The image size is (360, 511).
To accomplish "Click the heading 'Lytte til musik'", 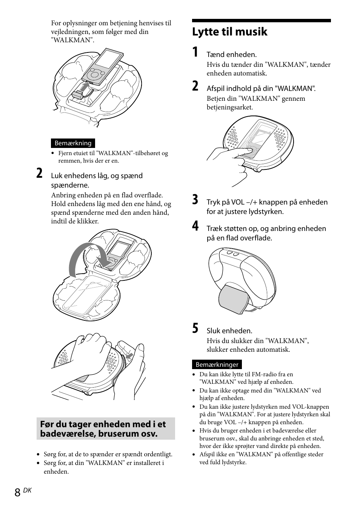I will pyautogui.click(x=229, y=32).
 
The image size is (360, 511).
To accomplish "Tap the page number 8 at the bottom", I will pyautogui.click(x=17, y=493).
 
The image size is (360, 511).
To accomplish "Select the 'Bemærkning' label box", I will pyautogui.click(x=73, y=143).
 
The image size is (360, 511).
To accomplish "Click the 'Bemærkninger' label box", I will pyautogui.click(x=217, y=365).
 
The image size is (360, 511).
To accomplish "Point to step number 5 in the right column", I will pyautogui.click(x=195, y=329).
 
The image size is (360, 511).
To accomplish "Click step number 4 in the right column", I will pyautogui.click(x=195, y=226).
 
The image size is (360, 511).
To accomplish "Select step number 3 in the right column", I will pyautogui.click(x=195, y=200).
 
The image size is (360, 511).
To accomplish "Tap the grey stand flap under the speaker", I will pyautogui.click(x=233, y=300).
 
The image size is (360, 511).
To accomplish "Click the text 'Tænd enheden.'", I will pyautogui.click(x=231, y=55).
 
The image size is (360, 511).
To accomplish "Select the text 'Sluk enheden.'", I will pyautogui.click(x=229, y=331).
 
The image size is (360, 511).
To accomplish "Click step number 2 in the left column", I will pyautogui.click(x=39, y=174).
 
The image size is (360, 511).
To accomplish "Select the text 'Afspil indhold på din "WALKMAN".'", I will pyautogui.click(x=261, y=89).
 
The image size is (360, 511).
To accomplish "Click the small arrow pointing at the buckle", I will pyautogui.click(x=130, y=356).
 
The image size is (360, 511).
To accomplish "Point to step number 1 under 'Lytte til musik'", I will pyautogui.click(x=195, y=52).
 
